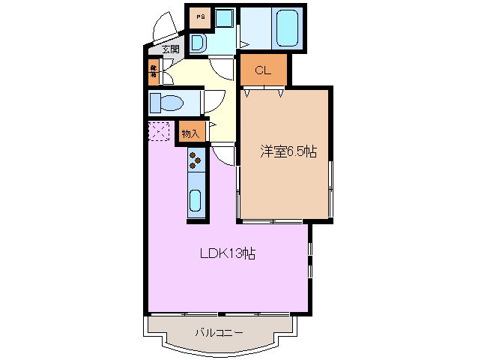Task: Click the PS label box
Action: [200, 16]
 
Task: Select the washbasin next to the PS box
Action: [199, 43]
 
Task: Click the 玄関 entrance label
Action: [170, 49]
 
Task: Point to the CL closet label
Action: [263, 71]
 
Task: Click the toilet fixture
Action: [166, 102]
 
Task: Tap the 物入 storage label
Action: [190, 133]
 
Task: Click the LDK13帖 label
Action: [227, 253]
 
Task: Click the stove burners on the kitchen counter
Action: [196, 158]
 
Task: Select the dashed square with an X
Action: [158, 132]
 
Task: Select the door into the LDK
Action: [223, 154]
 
